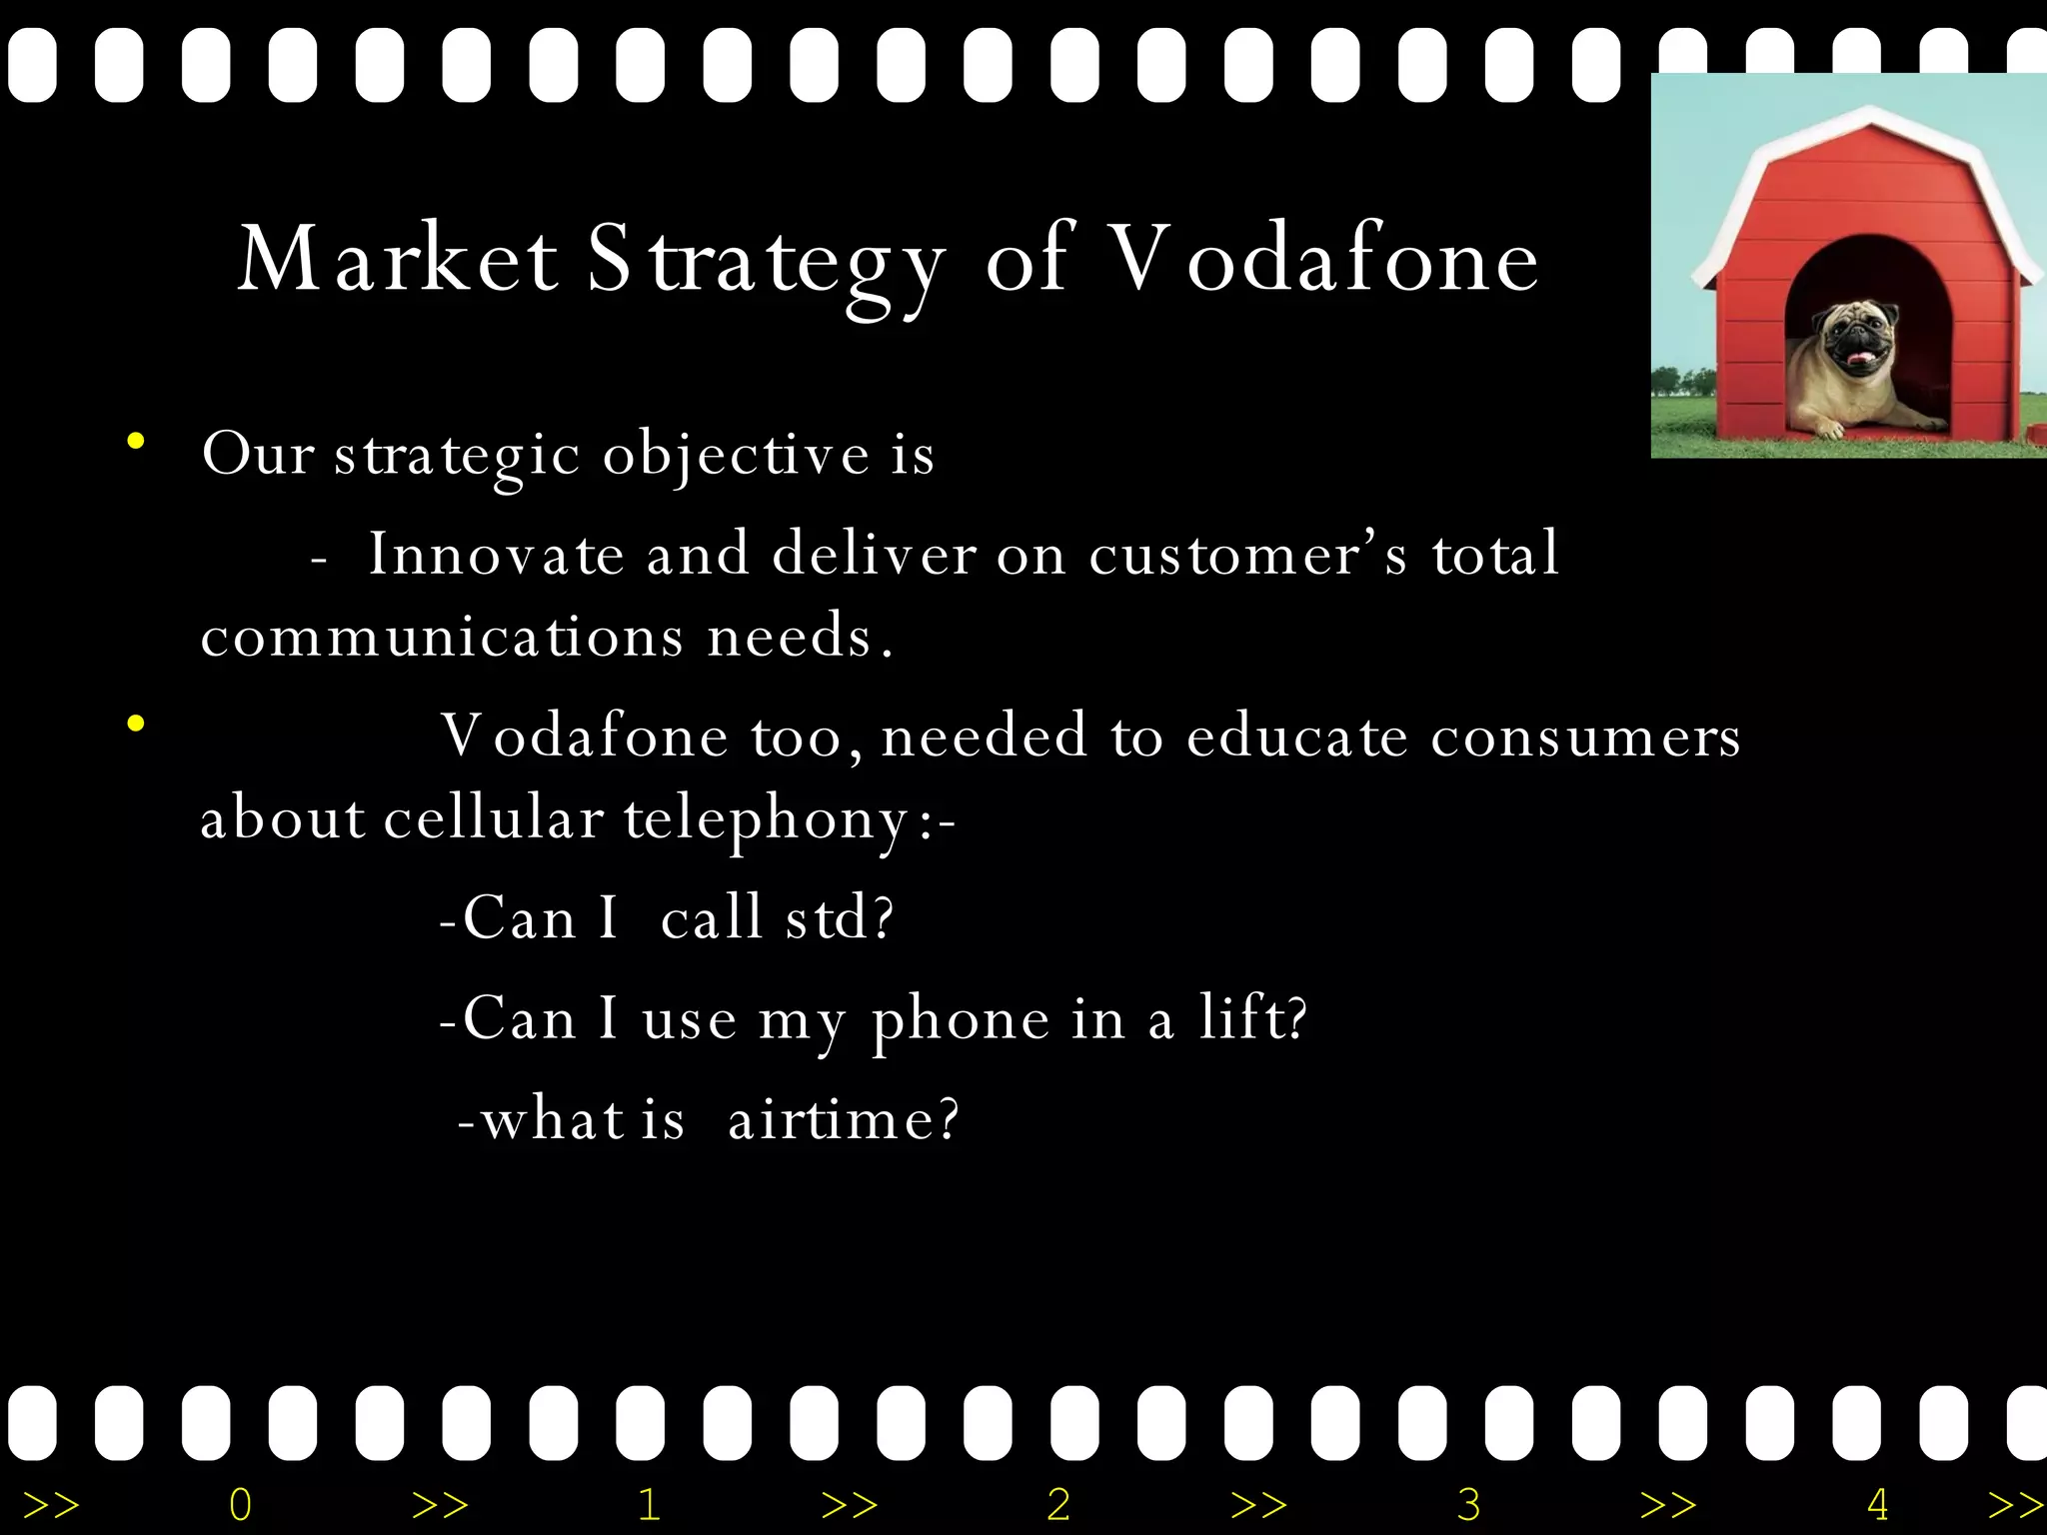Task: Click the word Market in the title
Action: (397, 260)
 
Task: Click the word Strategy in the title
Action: (765, 262)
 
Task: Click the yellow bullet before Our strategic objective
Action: (136, 441)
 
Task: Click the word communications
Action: (442, 637)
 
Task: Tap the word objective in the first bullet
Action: (736, 456)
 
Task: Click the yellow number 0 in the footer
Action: (241, 1504)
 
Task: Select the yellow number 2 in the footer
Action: (1058, 1504)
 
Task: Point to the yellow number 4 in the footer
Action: (1877, 1504)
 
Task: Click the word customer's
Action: (1247, 554)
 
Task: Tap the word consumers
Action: (1585, 738)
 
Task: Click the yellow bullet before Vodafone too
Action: (136, 724)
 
